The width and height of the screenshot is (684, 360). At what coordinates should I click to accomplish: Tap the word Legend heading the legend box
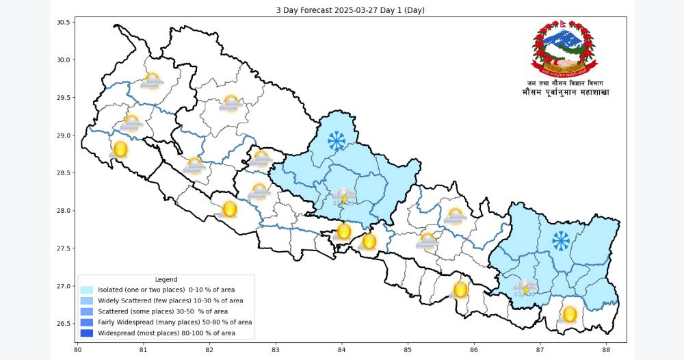tap(166, 279)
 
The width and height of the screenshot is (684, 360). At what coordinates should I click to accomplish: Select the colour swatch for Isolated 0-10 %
tap(86, 290)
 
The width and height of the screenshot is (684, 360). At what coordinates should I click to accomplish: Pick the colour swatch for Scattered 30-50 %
tap(86, 311)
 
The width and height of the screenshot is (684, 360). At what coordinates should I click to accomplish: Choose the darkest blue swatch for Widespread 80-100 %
tap(86, 333)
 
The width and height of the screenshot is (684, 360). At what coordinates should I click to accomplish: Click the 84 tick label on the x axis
tap(341, 349)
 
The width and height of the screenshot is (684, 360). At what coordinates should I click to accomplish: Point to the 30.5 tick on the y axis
tap(64, 22)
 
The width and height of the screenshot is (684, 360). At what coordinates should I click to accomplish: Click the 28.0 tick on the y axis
tap(64, 211)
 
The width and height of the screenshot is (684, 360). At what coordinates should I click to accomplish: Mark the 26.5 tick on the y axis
tap(64, 324)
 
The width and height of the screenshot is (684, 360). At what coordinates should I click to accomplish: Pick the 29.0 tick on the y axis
tap(64, 136)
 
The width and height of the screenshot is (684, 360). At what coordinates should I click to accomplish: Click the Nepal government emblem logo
tap(564, 47)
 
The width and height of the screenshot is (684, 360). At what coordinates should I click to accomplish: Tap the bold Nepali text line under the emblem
tap(565, 92)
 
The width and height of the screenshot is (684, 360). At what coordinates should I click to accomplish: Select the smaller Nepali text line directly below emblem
tap(565, 82)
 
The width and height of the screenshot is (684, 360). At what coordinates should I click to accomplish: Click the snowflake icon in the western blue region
tap(336, 141)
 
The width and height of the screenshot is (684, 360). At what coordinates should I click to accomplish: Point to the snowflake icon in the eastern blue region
tap(561, 240)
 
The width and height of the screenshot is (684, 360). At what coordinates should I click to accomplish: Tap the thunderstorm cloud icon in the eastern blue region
tap(525, 287)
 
